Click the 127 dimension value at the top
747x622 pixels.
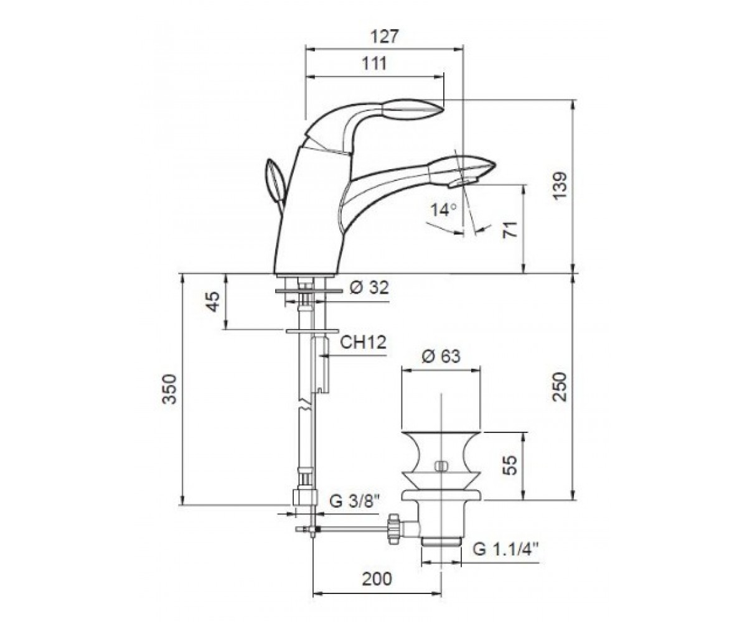(384, 37)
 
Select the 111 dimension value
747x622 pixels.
(375, 64)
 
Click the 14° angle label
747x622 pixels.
(444, 210)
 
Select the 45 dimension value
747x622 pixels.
(214, 301)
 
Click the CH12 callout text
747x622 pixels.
(363, 342)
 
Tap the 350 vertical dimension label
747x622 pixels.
(169, 389)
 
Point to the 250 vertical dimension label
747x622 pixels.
(560, 388)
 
